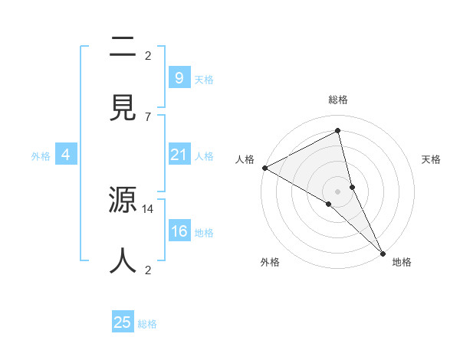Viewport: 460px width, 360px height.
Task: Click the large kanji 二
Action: (123, 48)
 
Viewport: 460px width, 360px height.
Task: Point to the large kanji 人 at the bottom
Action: (123, 259)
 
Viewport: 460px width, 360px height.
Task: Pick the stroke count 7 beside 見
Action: (148, 116)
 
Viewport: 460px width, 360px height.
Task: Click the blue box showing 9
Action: (179, 77)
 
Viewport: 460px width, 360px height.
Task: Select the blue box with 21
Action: (179, 155)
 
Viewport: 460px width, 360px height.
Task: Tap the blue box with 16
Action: (179, 231)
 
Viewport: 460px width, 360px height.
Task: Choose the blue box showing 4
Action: (66, 155)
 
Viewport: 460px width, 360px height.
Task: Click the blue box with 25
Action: (123, 322)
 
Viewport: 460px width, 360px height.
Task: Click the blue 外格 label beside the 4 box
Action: (41, 155)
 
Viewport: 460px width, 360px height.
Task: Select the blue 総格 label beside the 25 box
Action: (147, 323)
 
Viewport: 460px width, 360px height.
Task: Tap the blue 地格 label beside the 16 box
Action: (204, 232)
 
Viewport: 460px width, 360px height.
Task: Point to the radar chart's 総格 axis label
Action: (338, 100)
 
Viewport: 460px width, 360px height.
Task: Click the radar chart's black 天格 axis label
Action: (432, 159)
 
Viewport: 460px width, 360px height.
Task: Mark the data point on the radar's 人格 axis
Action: (264, 168)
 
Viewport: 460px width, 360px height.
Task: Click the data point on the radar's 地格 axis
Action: (383, 253)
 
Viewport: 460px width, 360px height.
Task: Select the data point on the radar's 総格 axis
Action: (338, 129)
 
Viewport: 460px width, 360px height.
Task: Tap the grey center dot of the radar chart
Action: (338, 191)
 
